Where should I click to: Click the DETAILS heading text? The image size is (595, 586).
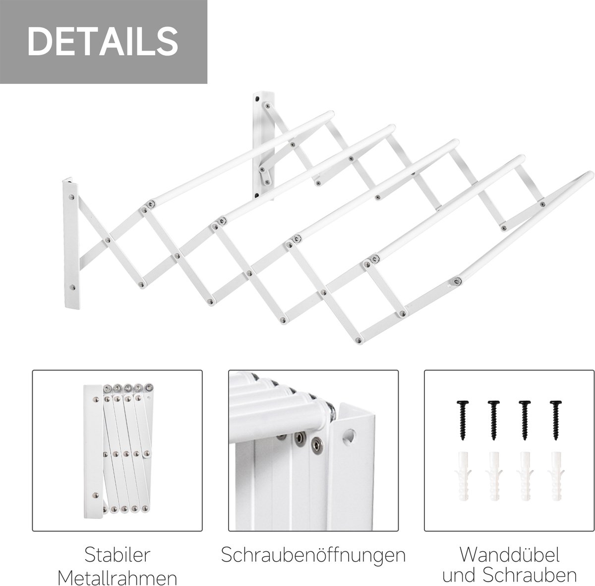103,41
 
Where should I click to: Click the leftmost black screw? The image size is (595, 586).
462,420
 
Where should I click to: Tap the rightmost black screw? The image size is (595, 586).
555,420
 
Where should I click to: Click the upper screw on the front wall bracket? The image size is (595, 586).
71,197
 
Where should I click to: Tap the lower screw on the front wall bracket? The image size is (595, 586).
72,287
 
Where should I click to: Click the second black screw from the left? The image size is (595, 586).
493,420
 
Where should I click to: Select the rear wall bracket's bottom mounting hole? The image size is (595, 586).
257,195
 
